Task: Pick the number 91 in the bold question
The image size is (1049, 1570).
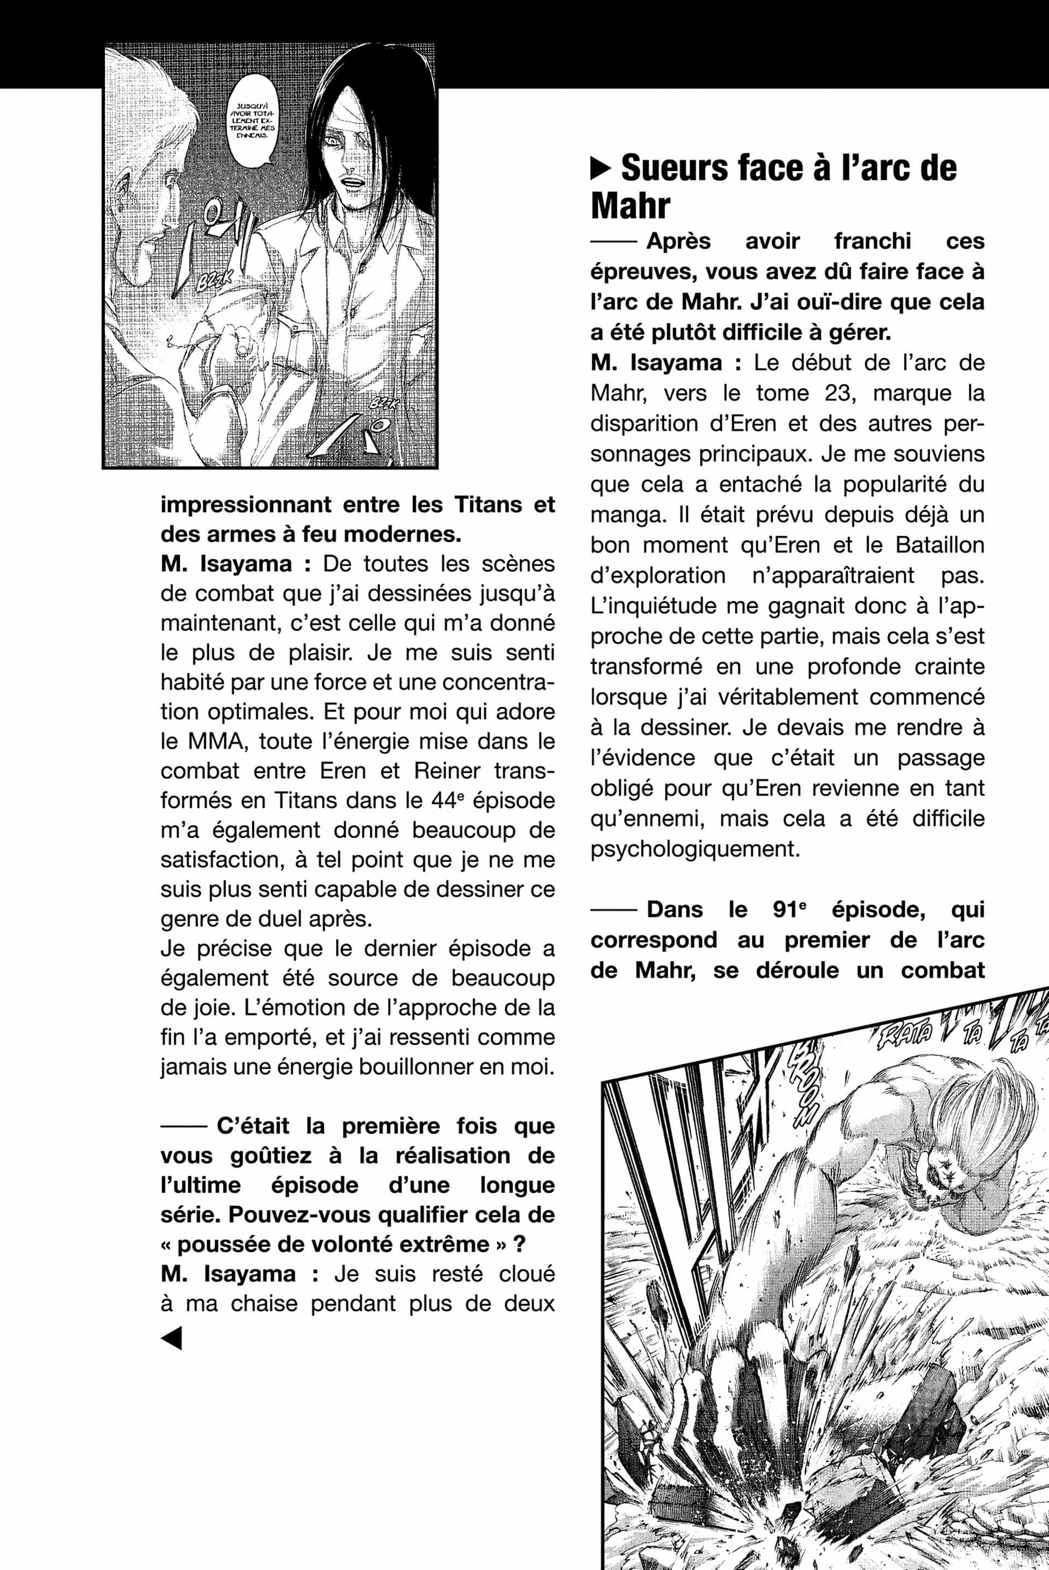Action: pos(788,910)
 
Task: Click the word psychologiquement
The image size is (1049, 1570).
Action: pos(695,850)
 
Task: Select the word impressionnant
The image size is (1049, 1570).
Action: pos(245,505)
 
